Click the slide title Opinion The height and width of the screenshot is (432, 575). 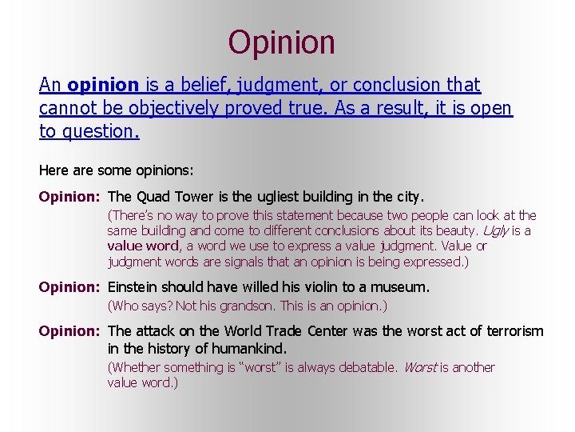pos(281,42)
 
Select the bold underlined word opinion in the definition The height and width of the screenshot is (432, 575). pos(104,85)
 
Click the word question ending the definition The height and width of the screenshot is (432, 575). pos(98,131)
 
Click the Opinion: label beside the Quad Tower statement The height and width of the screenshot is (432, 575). pos(70,196)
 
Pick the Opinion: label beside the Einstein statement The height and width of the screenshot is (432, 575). pos(70,286)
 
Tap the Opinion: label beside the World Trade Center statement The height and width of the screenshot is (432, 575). pos(70,331)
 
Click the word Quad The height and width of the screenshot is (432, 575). pos(153,196)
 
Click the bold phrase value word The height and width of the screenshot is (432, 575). pos(144,246)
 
